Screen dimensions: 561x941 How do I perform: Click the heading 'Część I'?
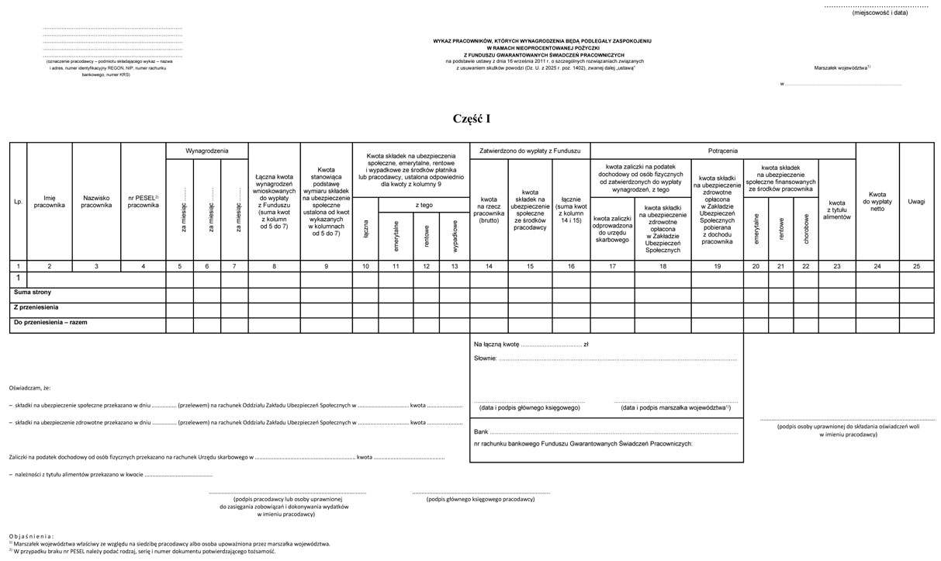(472, 119)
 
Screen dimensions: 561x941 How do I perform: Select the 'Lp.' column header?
(18, 202)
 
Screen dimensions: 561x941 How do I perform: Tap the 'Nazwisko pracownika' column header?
(96, 202)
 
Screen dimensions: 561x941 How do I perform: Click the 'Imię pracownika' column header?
(50, 202)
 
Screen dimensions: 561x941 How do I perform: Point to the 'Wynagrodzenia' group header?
(206, 150)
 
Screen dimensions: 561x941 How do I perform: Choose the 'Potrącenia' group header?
(722, 150)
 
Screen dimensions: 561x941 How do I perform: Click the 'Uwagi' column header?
(916, 202)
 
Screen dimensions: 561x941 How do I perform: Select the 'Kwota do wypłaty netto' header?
(877, 201)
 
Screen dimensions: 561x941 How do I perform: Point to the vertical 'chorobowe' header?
(806, 229)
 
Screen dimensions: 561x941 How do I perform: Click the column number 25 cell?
(916, 266)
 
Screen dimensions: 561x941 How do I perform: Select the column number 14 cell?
(489, 266)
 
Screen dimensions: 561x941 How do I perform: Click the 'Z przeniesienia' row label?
(36, 306)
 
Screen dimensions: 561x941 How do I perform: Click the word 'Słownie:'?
(485, 359)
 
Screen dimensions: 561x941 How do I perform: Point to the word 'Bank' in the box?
(480, 431)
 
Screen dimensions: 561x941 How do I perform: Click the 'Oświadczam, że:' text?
(30, 386)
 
